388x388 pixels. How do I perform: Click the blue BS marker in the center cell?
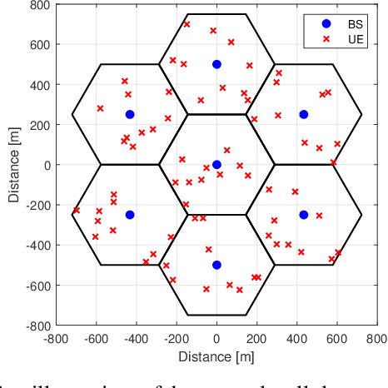(216, 165)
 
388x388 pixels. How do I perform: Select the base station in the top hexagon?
(216, 64)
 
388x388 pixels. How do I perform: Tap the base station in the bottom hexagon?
(216, 265)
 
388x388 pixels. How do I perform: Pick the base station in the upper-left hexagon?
(130, 115)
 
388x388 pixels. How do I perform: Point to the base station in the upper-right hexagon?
(304, 115)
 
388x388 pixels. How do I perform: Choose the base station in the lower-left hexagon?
(130, 215)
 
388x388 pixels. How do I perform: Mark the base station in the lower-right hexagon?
(304, 215)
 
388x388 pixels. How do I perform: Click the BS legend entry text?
(354, 23)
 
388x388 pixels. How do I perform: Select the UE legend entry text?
(354, 38)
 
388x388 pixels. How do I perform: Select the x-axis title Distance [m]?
(216, 356)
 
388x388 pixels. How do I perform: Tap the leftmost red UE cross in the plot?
(76, 211)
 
